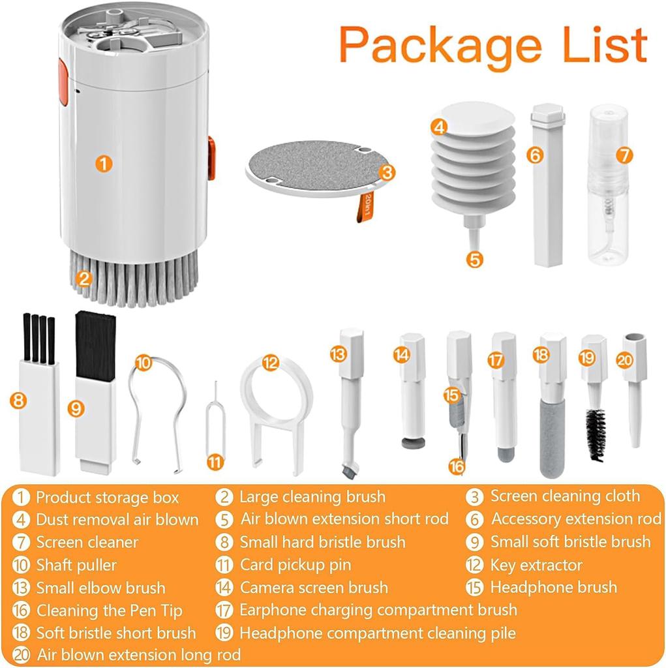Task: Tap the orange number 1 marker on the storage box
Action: point(103,162)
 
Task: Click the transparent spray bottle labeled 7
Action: point(607,189)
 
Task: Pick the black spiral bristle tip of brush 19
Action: point(596,434)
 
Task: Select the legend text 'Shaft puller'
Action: point(76,565)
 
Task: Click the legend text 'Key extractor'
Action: point(536,565)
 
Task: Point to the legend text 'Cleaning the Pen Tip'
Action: point(109,611)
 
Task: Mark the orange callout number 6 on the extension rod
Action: point(535,155)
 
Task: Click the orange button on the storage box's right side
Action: point(211,159)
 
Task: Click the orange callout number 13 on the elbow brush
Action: point(337,354)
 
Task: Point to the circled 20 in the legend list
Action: point(22,654)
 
